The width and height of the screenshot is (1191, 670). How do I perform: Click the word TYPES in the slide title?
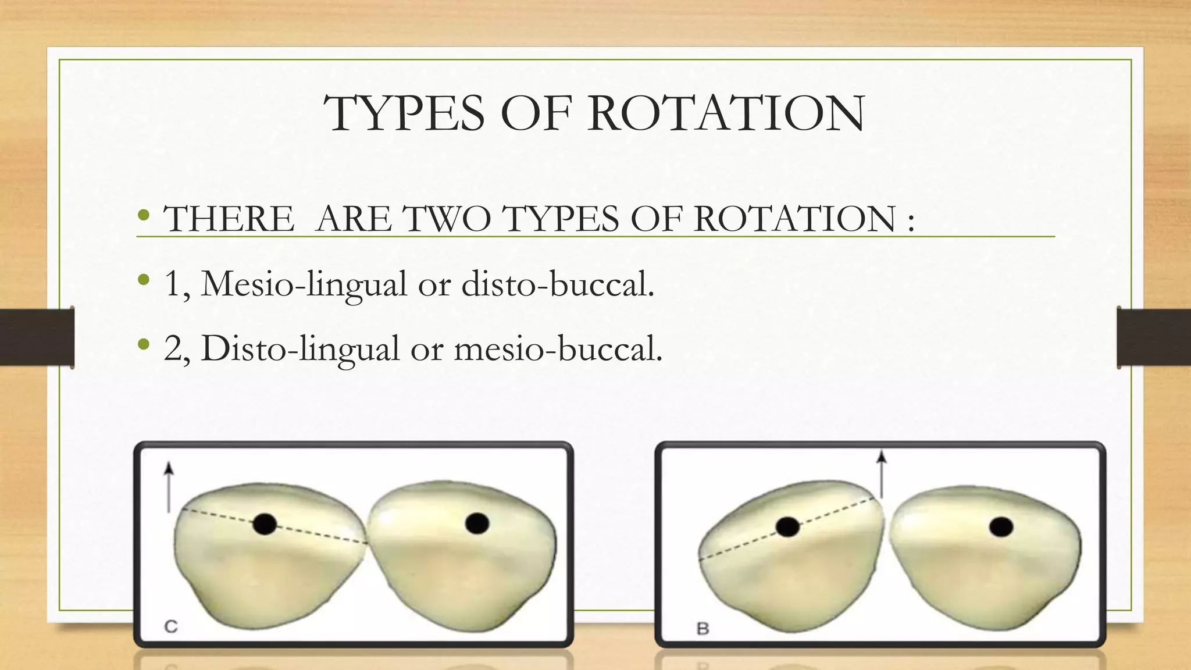pyautogui.click(x=404, y=113)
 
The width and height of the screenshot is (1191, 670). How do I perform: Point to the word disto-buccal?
pyautogui.click(x=558, y=284)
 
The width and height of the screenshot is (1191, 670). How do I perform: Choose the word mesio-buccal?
pyautogui.click(x=558, y=348)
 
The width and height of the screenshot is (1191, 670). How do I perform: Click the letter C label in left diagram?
pyautogui.click(x=171, y=626)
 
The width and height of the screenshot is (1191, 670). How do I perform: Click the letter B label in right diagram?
pyautogui.click(x=703, y=629)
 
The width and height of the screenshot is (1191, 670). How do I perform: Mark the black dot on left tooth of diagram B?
pyautogui.click(x=787, y=527)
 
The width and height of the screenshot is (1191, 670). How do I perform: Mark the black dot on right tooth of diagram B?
pyautogui.click(x=1001, y=528)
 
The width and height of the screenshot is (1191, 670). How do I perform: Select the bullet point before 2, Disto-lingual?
pyautogui.click(x=144, y=346)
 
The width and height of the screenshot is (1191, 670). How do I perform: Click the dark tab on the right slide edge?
pyautogui.click(x=1154, y=337)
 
